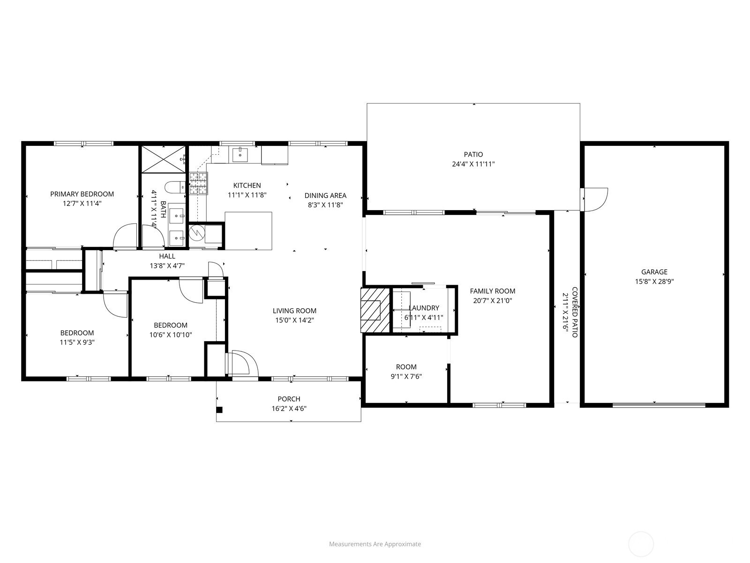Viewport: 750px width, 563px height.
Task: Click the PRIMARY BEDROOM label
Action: [x=82, y=194]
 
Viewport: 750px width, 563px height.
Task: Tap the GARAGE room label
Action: [x=654, y=272]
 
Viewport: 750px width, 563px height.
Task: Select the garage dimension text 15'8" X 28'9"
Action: [x=654, y=281]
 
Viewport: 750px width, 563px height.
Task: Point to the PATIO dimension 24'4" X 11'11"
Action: [x=473, y=164]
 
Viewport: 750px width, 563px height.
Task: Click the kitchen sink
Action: [x=240, y=155]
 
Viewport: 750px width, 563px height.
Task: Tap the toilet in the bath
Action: [x=175, y=187]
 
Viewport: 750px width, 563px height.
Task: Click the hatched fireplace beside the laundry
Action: [x=375, y=310]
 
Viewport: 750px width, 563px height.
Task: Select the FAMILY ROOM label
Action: [x=492, y=291]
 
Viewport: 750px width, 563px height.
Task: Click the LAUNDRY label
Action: [x=424, y=308]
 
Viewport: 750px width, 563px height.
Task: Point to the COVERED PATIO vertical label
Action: [x=575, y=312]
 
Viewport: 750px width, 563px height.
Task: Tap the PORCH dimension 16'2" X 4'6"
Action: [x=289, y=408]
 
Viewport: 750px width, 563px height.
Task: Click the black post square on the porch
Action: [x=219, y=410]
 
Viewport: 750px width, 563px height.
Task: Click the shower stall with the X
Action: [x=163, y=160]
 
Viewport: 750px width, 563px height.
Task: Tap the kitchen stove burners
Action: [x=199, y=183]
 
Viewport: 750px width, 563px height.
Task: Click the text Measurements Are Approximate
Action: [x=375, y=544]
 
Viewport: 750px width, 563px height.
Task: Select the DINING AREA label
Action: [x=325, y=195]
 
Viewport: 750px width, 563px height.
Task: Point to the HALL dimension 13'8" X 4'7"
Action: [x=167, y=265]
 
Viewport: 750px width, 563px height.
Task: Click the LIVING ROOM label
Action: [x=294, y=311]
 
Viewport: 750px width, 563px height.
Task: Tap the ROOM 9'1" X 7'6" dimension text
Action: [x=406, y=376]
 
